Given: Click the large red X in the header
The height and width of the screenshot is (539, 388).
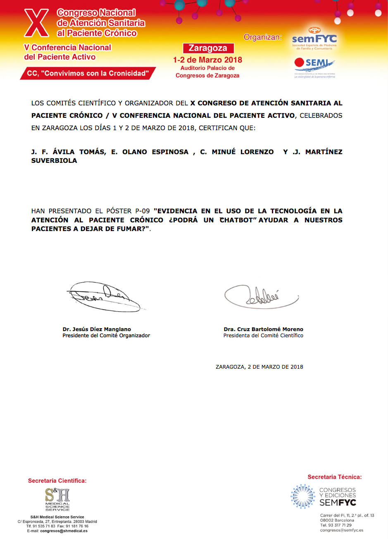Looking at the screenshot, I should (36, 23).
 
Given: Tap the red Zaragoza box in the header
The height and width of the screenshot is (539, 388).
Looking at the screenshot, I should (208, 48).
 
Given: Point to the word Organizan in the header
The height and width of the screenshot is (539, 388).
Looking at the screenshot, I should (262, 37).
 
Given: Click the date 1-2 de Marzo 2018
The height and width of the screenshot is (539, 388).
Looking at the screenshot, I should (207, 60).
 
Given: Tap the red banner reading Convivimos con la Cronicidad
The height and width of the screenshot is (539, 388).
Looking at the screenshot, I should (88, 73).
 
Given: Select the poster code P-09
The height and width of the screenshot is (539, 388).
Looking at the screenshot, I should (142, 211).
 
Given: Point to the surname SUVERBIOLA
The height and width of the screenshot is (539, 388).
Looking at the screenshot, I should (54, 160).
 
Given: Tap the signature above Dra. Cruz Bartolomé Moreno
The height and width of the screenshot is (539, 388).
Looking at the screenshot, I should (261, 296).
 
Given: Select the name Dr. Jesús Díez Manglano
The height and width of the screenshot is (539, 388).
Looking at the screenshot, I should (97, 329).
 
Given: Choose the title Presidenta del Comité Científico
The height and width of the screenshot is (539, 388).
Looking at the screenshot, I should (263, 336).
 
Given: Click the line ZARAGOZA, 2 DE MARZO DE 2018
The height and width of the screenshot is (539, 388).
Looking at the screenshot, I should (259, 367).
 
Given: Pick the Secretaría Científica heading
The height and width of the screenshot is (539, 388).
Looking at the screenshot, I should (57, 481).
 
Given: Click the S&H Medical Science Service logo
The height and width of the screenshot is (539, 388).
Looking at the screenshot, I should (57, 499).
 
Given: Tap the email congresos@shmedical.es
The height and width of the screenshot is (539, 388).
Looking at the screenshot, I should (64, 531).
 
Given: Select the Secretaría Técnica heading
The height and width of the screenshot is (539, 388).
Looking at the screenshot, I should (334, 477).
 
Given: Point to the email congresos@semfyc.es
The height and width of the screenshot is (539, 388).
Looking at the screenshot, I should (341, 530).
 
